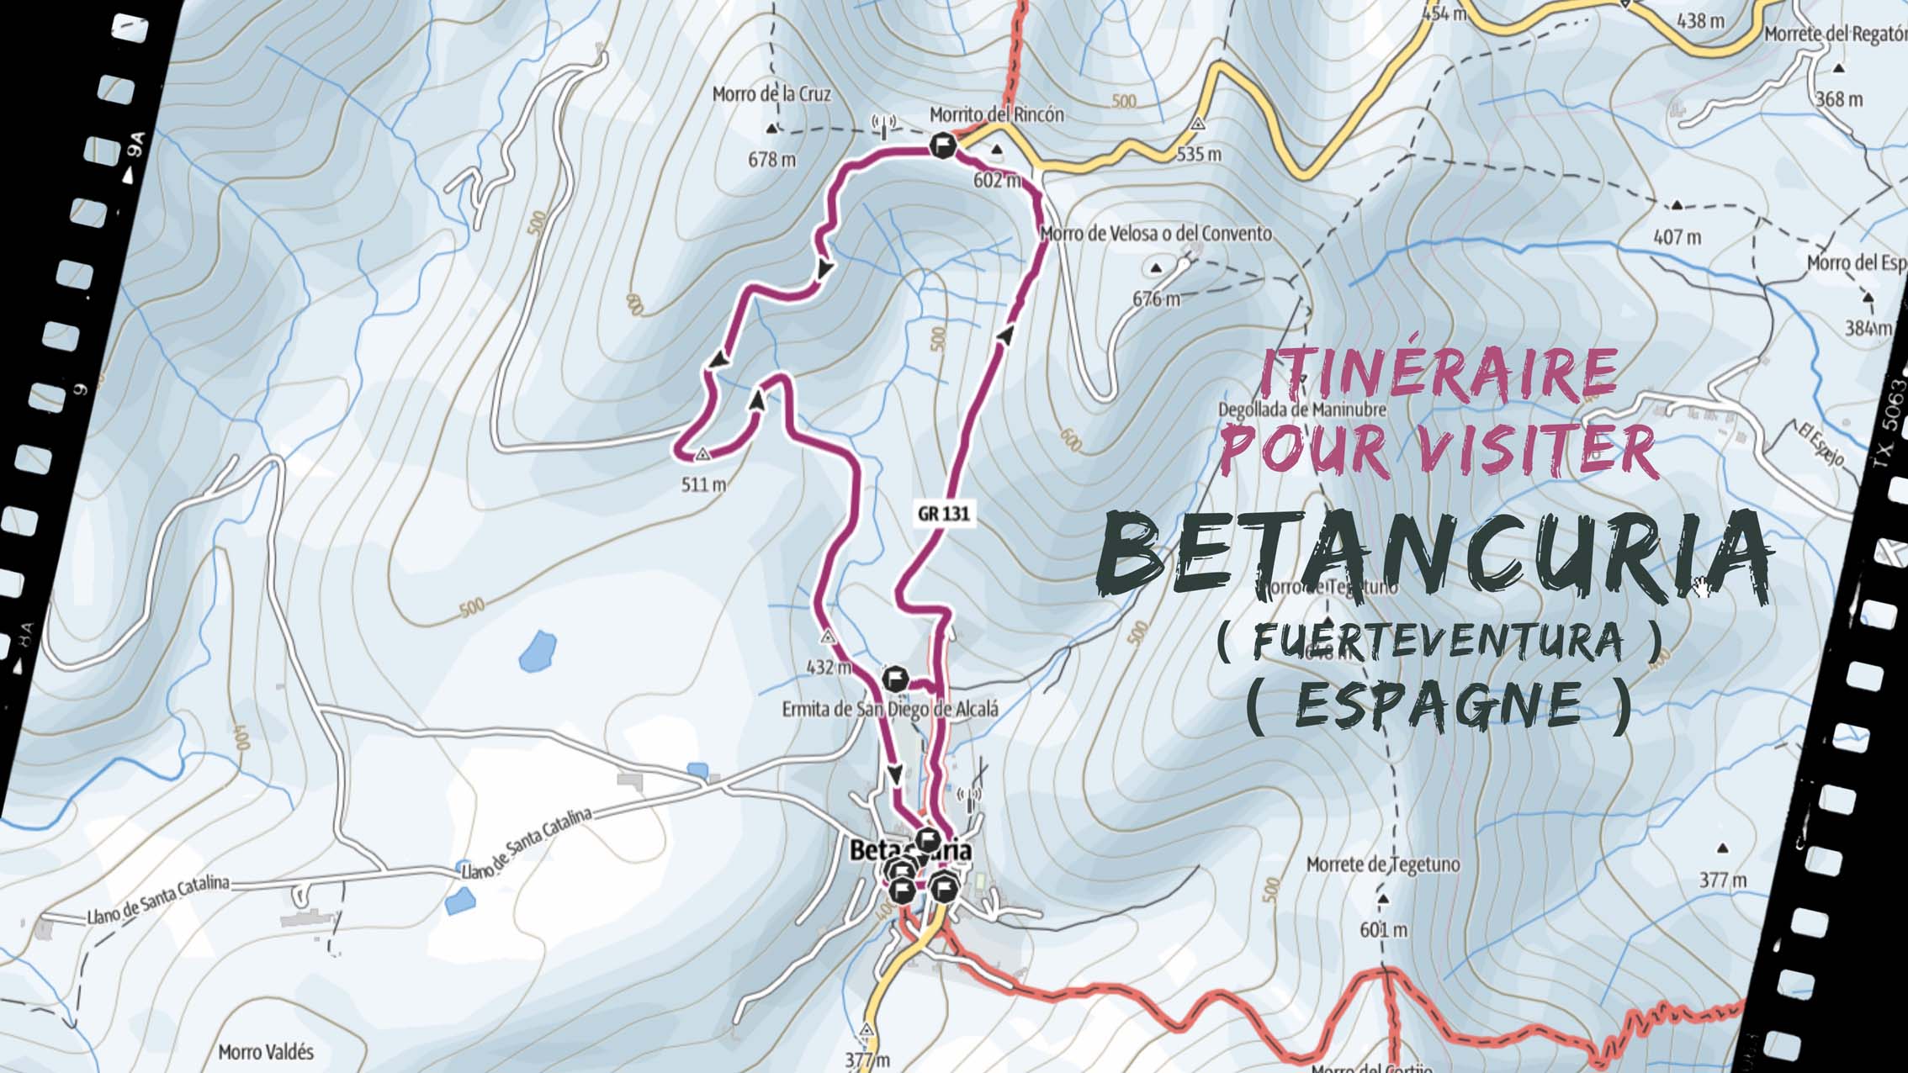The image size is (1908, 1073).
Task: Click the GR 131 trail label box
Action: coord(943,513)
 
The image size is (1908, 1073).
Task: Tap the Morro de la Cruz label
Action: coord(771,94)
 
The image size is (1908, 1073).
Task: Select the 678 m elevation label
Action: coord(771,158)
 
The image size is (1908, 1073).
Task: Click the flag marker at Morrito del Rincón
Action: coord(942,146)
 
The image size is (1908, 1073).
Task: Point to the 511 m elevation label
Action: coord(703,484)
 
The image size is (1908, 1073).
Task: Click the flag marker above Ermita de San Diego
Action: coord(895,678)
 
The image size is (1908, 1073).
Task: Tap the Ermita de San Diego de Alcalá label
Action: coord(890,709)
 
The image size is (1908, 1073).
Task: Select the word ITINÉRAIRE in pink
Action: coord(1438,373)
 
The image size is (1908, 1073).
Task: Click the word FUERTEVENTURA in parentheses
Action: coord(1438,642)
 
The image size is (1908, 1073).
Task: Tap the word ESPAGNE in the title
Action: coord(1438,705)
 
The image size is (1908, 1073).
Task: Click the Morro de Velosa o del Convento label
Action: coord(1156,233)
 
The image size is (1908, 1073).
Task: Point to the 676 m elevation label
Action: coord(1156,299)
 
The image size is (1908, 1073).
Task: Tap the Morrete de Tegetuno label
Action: coord(1382,864)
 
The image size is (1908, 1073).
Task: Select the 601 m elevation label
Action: coord(1382,930)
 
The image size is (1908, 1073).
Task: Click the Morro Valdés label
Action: coord(266,1052)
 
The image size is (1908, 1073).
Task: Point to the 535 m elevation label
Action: coord(1198,154)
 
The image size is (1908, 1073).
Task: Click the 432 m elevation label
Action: coord(828,668)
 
